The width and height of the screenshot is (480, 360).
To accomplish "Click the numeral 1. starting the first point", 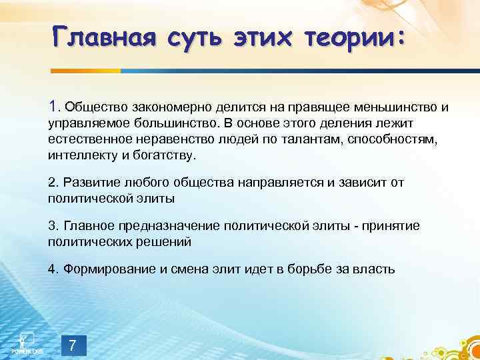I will [x=55, y=105].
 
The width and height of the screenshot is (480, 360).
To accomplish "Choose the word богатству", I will [x=167, y=155].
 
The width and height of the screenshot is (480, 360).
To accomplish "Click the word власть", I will [x=375, y=269].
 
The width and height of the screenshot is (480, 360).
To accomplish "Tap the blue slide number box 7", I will [x=73, y=345].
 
